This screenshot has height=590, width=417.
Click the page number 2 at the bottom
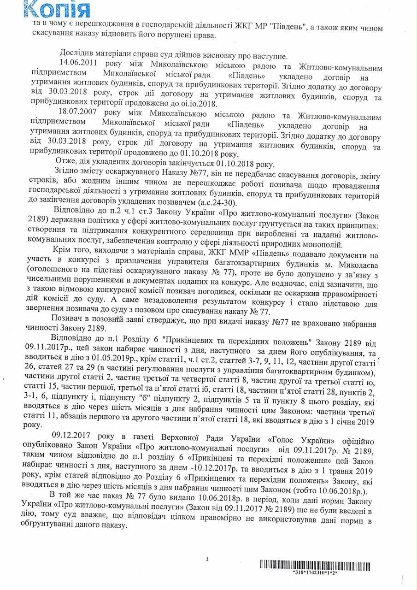point(207,559)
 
